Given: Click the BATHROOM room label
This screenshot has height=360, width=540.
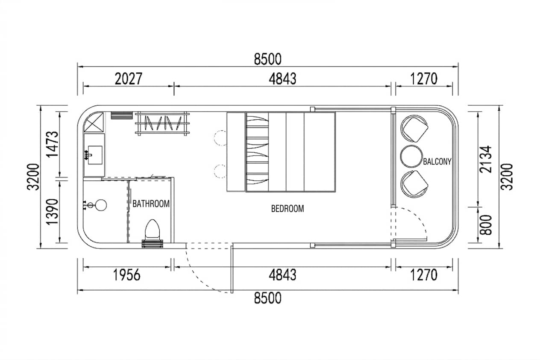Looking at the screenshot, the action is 151,204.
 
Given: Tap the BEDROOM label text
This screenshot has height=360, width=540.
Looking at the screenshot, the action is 288,209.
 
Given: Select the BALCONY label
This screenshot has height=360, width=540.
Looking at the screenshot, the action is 437,162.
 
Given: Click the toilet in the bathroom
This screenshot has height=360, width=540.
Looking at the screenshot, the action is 153,229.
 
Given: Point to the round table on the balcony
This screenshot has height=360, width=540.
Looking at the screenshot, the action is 411,156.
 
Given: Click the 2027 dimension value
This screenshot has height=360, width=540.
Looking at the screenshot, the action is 129,79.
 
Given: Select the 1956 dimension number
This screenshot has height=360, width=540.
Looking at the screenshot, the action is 126,275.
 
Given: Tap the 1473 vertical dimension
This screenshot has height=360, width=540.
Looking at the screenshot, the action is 52,144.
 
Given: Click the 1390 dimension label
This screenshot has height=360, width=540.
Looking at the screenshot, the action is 52,212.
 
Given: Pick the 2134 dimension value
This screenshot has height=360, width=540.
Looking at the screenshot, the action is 485,159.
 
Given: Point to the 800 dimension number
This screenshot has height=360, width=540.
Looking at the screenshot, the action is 485,225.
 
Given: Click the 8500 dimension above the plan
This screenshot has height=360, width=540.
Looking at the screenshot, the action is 267,59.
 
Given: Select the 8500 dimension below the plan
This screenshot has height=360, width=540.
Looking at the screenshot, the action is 267,298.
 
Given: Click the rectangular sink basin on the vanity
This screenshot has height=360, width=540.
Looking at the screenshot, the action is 95,155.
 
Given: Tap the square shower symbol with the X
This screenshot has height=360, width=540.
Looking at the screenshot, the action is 94,122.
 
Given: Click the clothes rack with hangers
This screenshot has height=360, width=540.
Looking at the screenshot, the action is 162,123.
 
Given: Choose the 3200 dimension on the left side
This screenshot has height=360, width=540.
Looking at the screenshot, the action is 33,177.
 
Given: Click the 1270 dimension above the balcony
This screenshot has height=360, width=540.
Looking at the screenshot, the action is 423,79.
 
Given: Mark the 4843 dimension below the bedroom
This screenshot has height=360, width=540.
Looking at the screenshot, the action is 282,275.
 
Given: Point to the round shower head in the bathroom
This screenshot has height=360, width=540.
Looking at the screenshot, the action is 101,205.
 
